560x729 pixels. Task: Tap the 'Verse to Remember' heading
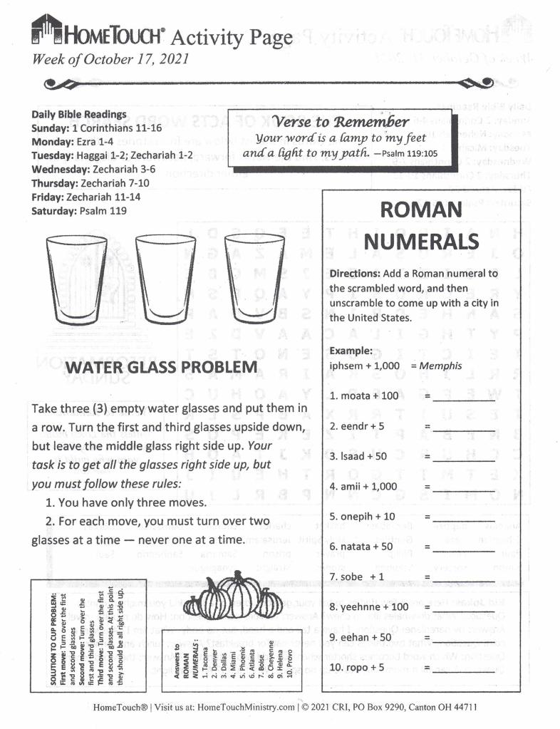[x=343, y=121]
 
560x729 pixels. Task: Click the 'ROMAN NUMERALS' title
[x=412, y=225]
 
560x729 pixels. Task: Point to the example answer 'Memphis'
[x=440, y=366]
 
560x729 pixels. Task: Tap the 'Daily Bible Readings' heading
[x=79, y=114]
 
